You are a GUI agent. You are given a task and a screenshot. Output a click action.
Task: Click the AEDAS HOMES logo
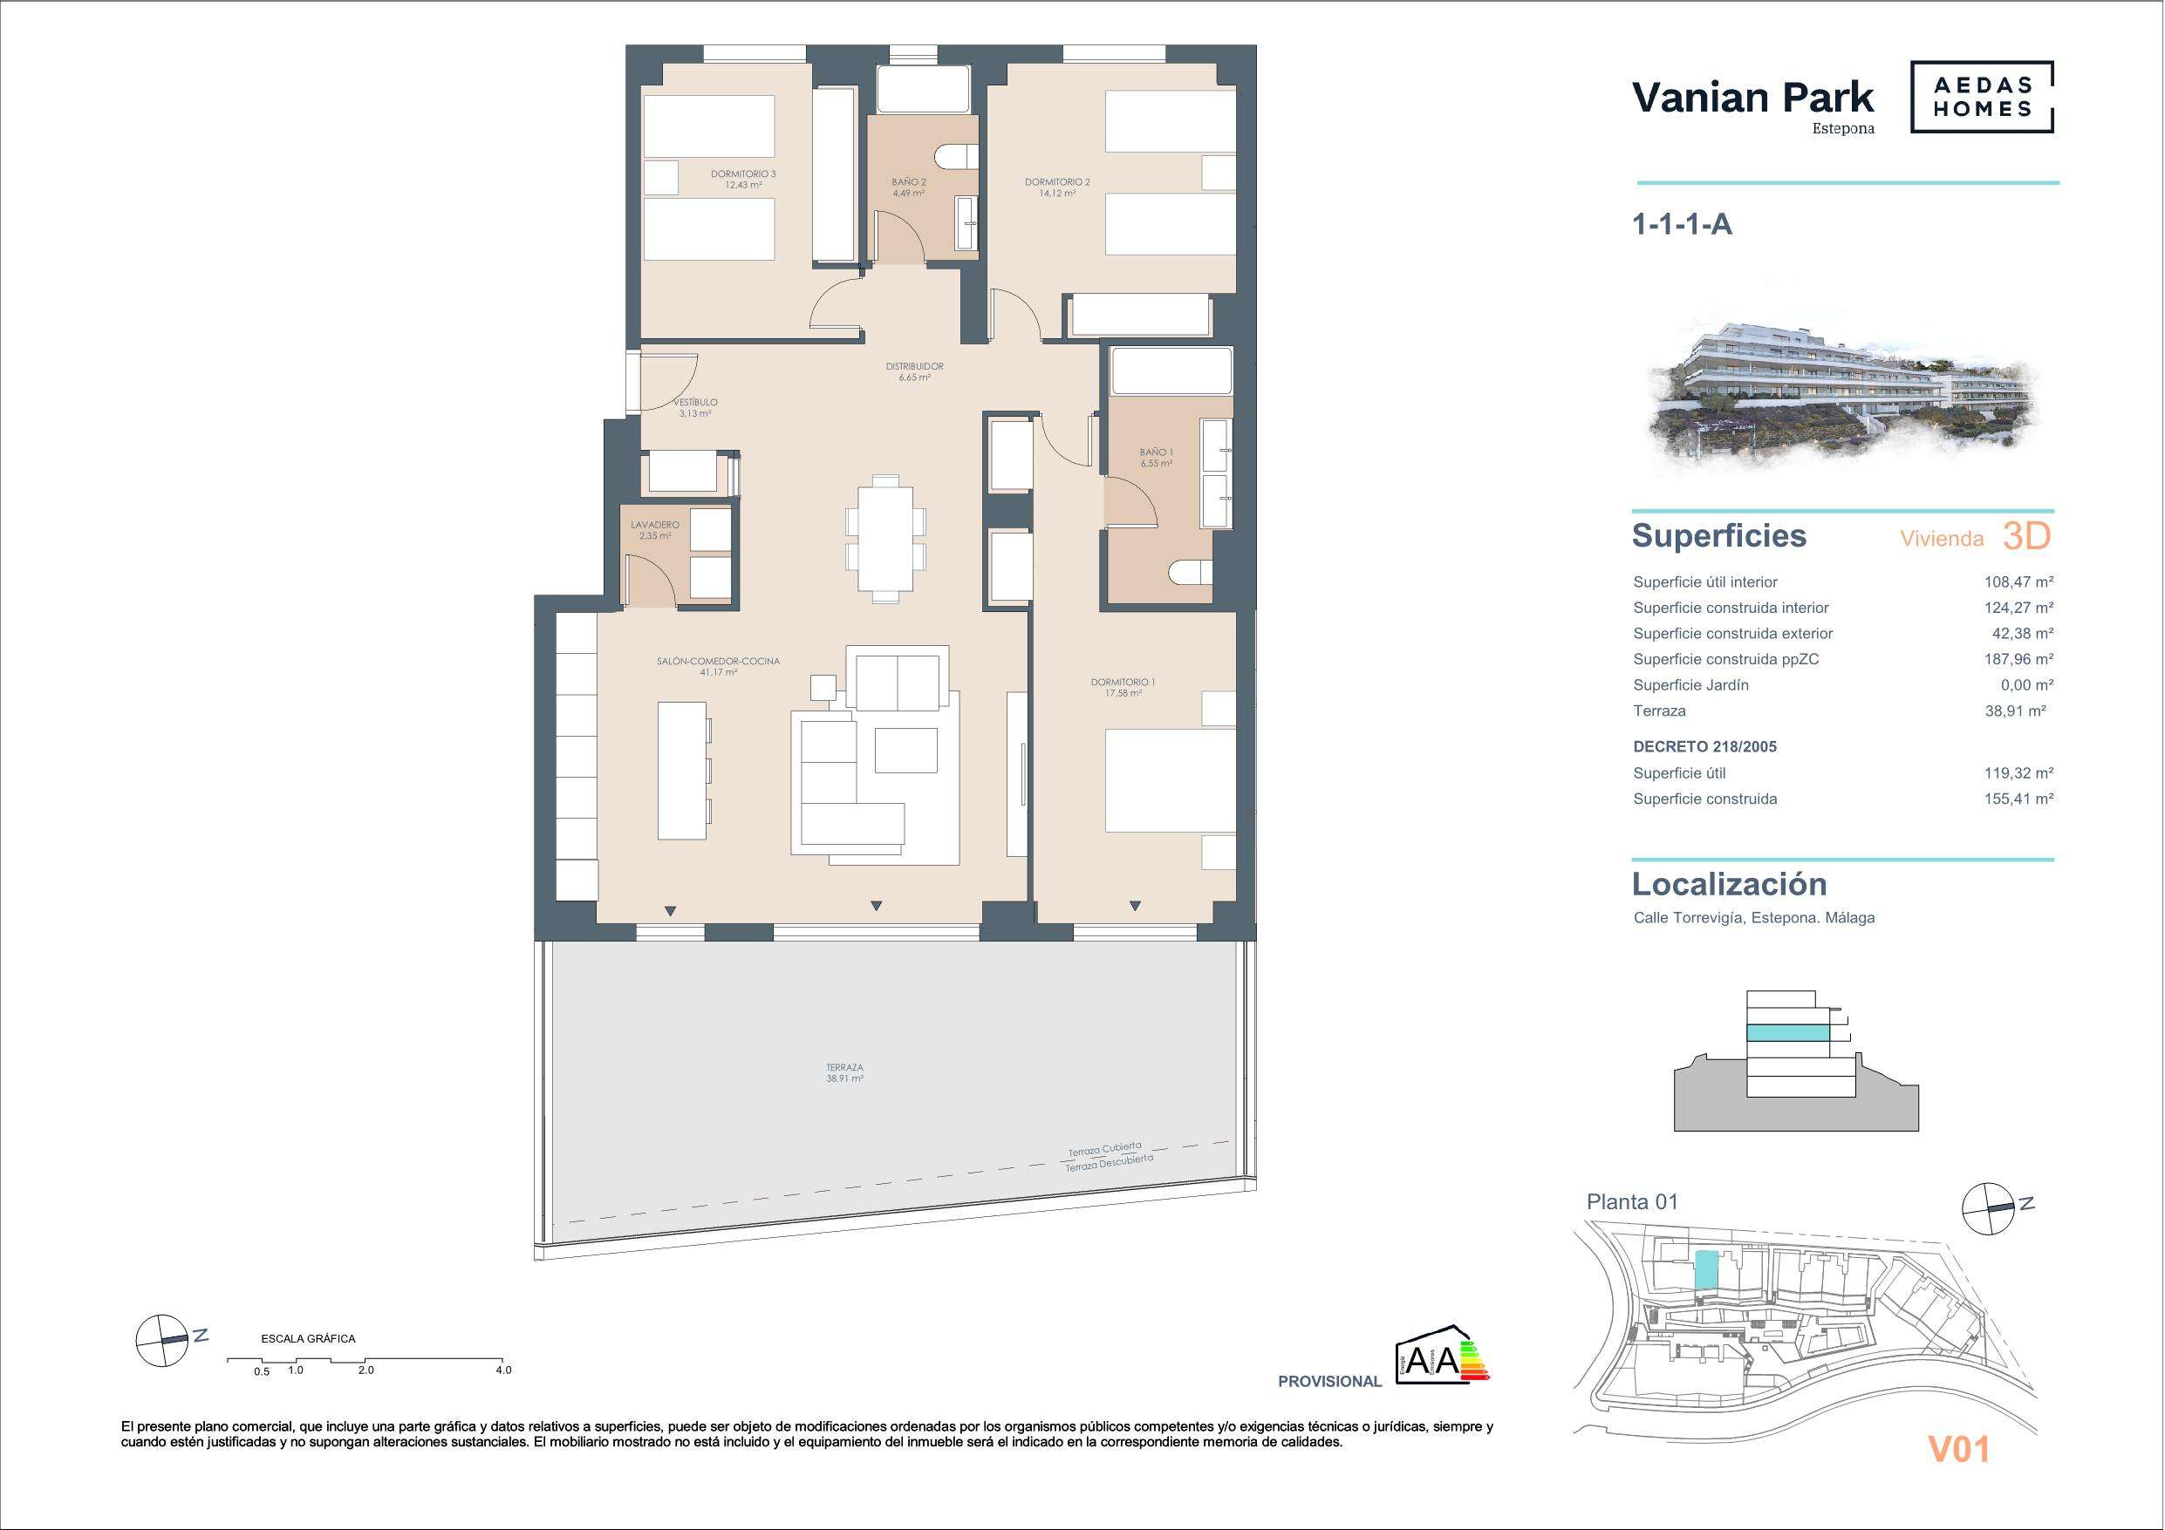tap(1982, 97)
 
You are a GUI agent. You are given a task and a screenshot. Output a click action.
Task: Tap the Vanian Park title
tap(1753, 97)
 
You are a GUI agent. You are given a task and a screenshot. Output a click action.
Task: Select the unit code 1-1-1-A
tap(1683, 224)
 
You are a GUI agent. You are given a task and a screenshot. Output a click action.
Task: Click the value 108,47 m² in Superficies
tap(2018, 582)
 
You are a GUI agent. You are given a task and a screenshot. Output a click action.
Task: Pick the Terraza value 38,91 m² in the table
tap(2015, 711)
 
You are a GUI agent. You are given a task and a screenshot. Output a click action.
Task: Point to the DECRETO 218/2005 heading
tap(1704, 746)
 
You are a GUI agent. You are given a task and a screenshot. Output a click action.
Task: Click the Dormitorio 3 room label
tap(743, 179)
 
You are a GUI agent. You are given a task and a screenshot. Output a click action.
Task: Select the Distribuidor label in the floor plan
tap(915, 371)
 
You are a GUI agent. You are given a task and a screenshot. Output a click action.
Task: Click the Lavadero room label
tap(654, 530)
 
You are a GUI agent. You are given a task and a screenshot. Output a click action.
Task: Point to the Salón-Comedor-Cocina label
tap(719, 667)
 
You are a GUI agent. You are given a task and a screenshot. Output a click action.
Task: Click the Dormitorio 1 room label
tap(1122, 687)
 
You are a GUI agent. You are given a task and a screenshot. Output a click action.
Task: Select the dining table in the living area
tap(885, 538)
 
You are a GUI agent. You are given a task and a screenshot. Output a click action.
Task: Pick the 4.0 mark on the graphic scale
tap(503, 1370)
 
